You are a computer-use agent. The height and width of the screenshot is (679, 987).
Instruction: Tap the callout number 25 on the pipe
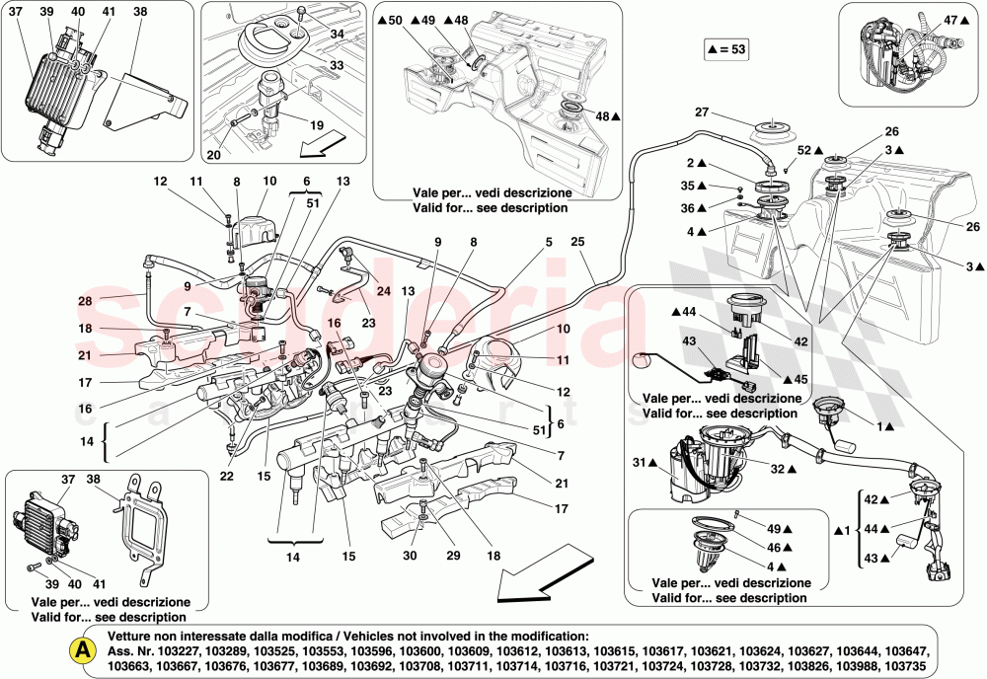[x=577, y=241]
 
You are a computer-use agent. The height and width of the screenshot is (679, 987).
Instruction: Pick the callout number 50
[x=396, y=20]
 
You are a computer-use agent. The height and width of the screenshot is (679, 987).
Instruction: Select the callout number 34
[x=338, y=35]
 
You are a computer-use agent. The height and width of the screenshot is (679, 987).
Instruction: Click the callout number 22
[x=227, y=477]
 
